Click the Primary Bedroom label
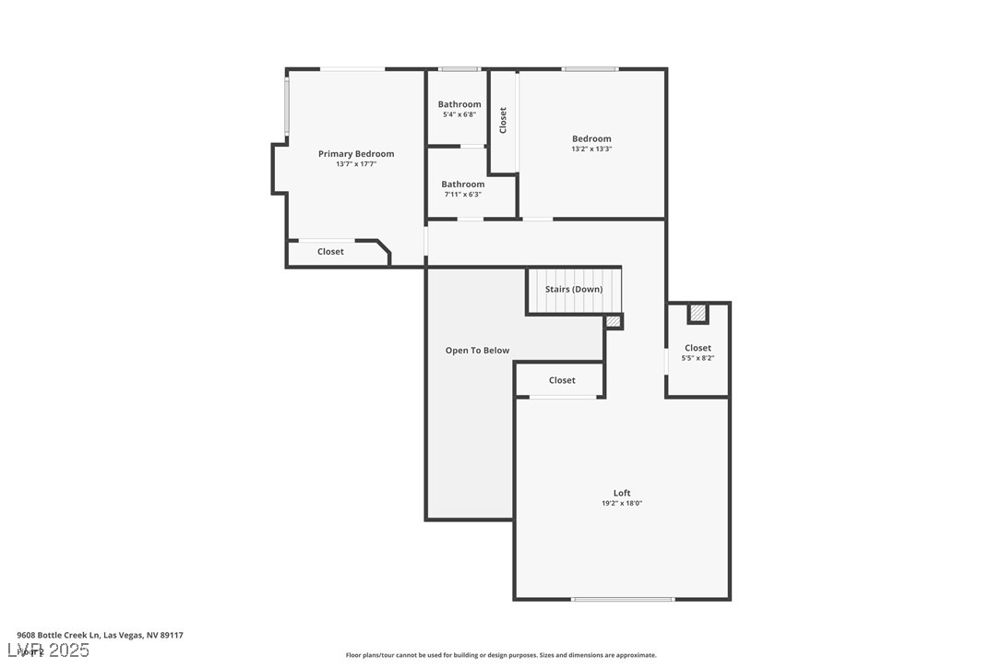(356, 154)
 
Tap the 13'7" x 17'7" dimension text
(356, 164)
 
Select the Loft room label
(622, 493)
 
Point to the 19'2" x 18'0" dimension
(622, 503)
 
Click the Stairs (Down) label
(573, 289)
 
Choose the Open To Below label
(477, 351)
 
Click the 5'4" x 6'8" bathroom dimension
(459, 114)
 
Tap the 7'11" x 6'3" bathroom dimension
(462, 195)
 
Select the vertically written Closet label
(503, 121)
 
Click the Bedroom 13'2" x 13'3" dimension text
(591, 149)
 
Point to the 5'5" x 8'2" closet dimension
(698, 358)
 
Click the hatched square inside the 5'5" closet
(698, 314)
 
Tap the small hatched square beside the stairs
(613, 321)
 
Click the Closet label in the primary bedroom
(330, 252)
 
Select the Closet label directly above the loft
(562, 380)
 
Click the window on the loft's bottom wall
(622, 600)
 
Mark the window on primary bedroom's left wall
(287, 106)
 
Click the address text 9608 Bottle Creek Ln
(100, 635)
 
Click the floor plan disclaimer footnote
(501, 655)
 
